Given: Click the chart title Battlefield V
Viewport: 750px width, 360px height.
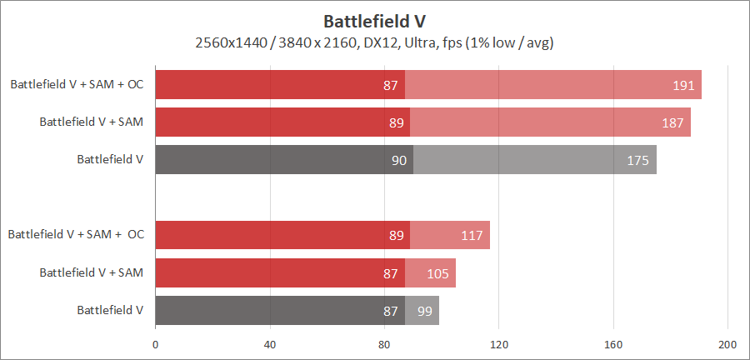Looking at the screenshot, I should coord(375,19).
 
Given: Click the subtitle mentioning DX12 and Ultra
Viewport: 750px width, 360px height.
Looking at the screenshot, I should coord(375,42).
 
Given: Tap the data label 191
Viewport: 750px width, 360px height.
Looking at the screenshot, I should coord(683,85).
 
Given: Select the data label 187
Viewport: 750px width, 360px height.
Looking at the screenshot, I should coord(672,122).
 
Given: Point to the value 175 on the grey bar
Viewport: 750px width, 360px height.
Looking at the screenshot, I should coord(637,160).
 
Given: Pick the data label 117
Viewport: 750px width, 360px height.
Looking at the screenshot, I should coord(472,235).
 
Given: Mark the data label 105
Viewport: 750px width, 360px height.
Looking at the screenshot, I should coord(437,272).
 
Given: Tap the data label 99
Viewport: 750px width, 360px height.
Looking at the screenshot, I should coord(424,310).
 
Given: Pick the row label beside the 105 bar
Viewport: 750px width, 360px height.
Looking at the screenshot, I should coord(92,272).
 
